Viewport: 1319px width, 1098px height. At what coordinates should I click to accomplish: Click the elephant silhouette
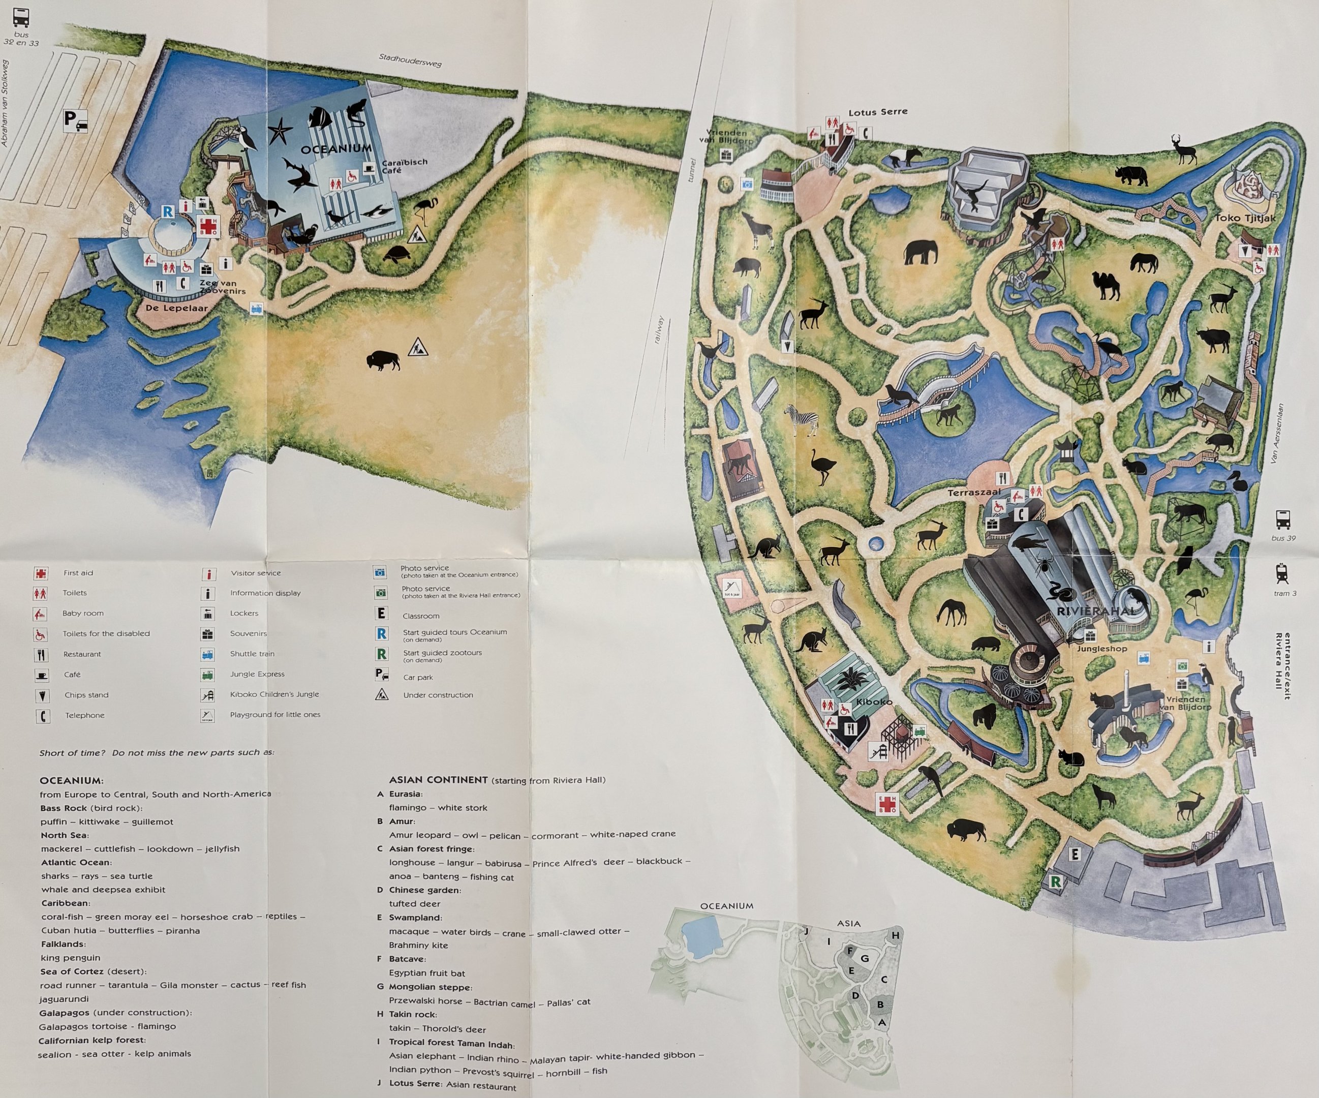(x=919, y=253)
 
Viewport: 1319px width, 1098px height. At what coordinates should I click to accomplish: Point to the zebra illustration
(x=802, y=419)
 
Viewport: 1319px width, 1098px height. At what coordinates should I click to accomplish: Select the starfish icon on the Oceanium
(x=280, y=133)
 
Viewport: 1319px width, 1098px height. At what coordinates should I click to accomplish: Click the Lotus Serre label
(x=877, y=112)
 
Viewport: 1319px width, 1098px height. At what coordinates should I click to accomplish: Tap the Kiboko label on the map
(x=874, y=701)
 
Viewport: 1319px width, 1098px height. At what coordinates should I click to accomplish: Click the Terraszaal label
(x=973, y=493)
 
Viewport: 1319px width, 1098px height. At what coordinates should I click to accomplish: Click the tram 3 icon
(x=1282, y=573)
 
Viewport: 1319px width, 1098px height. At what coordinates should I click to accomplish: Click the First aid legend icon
(x=41, y=573)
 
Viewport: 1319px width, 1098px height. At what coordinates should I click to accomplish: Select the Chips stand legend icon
(x=42, y=695)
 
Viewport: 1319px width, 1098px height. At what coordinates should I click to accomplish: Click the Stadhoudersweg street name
(x=410, y=59)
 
